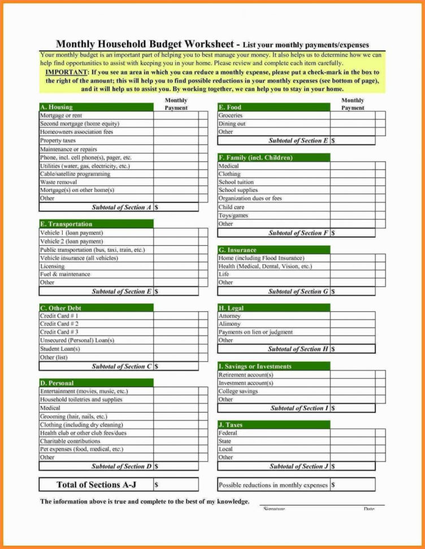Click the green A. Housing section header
(96, 107)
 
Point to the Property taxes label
(58, 140)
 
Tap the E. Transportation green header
(96, 224)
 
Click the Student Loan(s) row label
(60, 349)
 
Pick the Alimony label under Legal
(229, 324)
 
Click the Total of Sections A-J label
(96, 484)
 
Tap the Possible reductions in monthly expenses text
(273, 485)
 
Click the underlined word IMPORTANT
(66, 73)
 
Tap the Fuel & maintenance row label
(65, 274)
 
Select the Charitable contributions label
(70, 441)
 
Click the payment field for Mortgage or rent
(175, 115)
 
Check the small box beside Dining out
(380, 124)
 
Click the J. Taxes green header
(274, 424)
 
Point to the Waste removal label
(59, 182)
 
